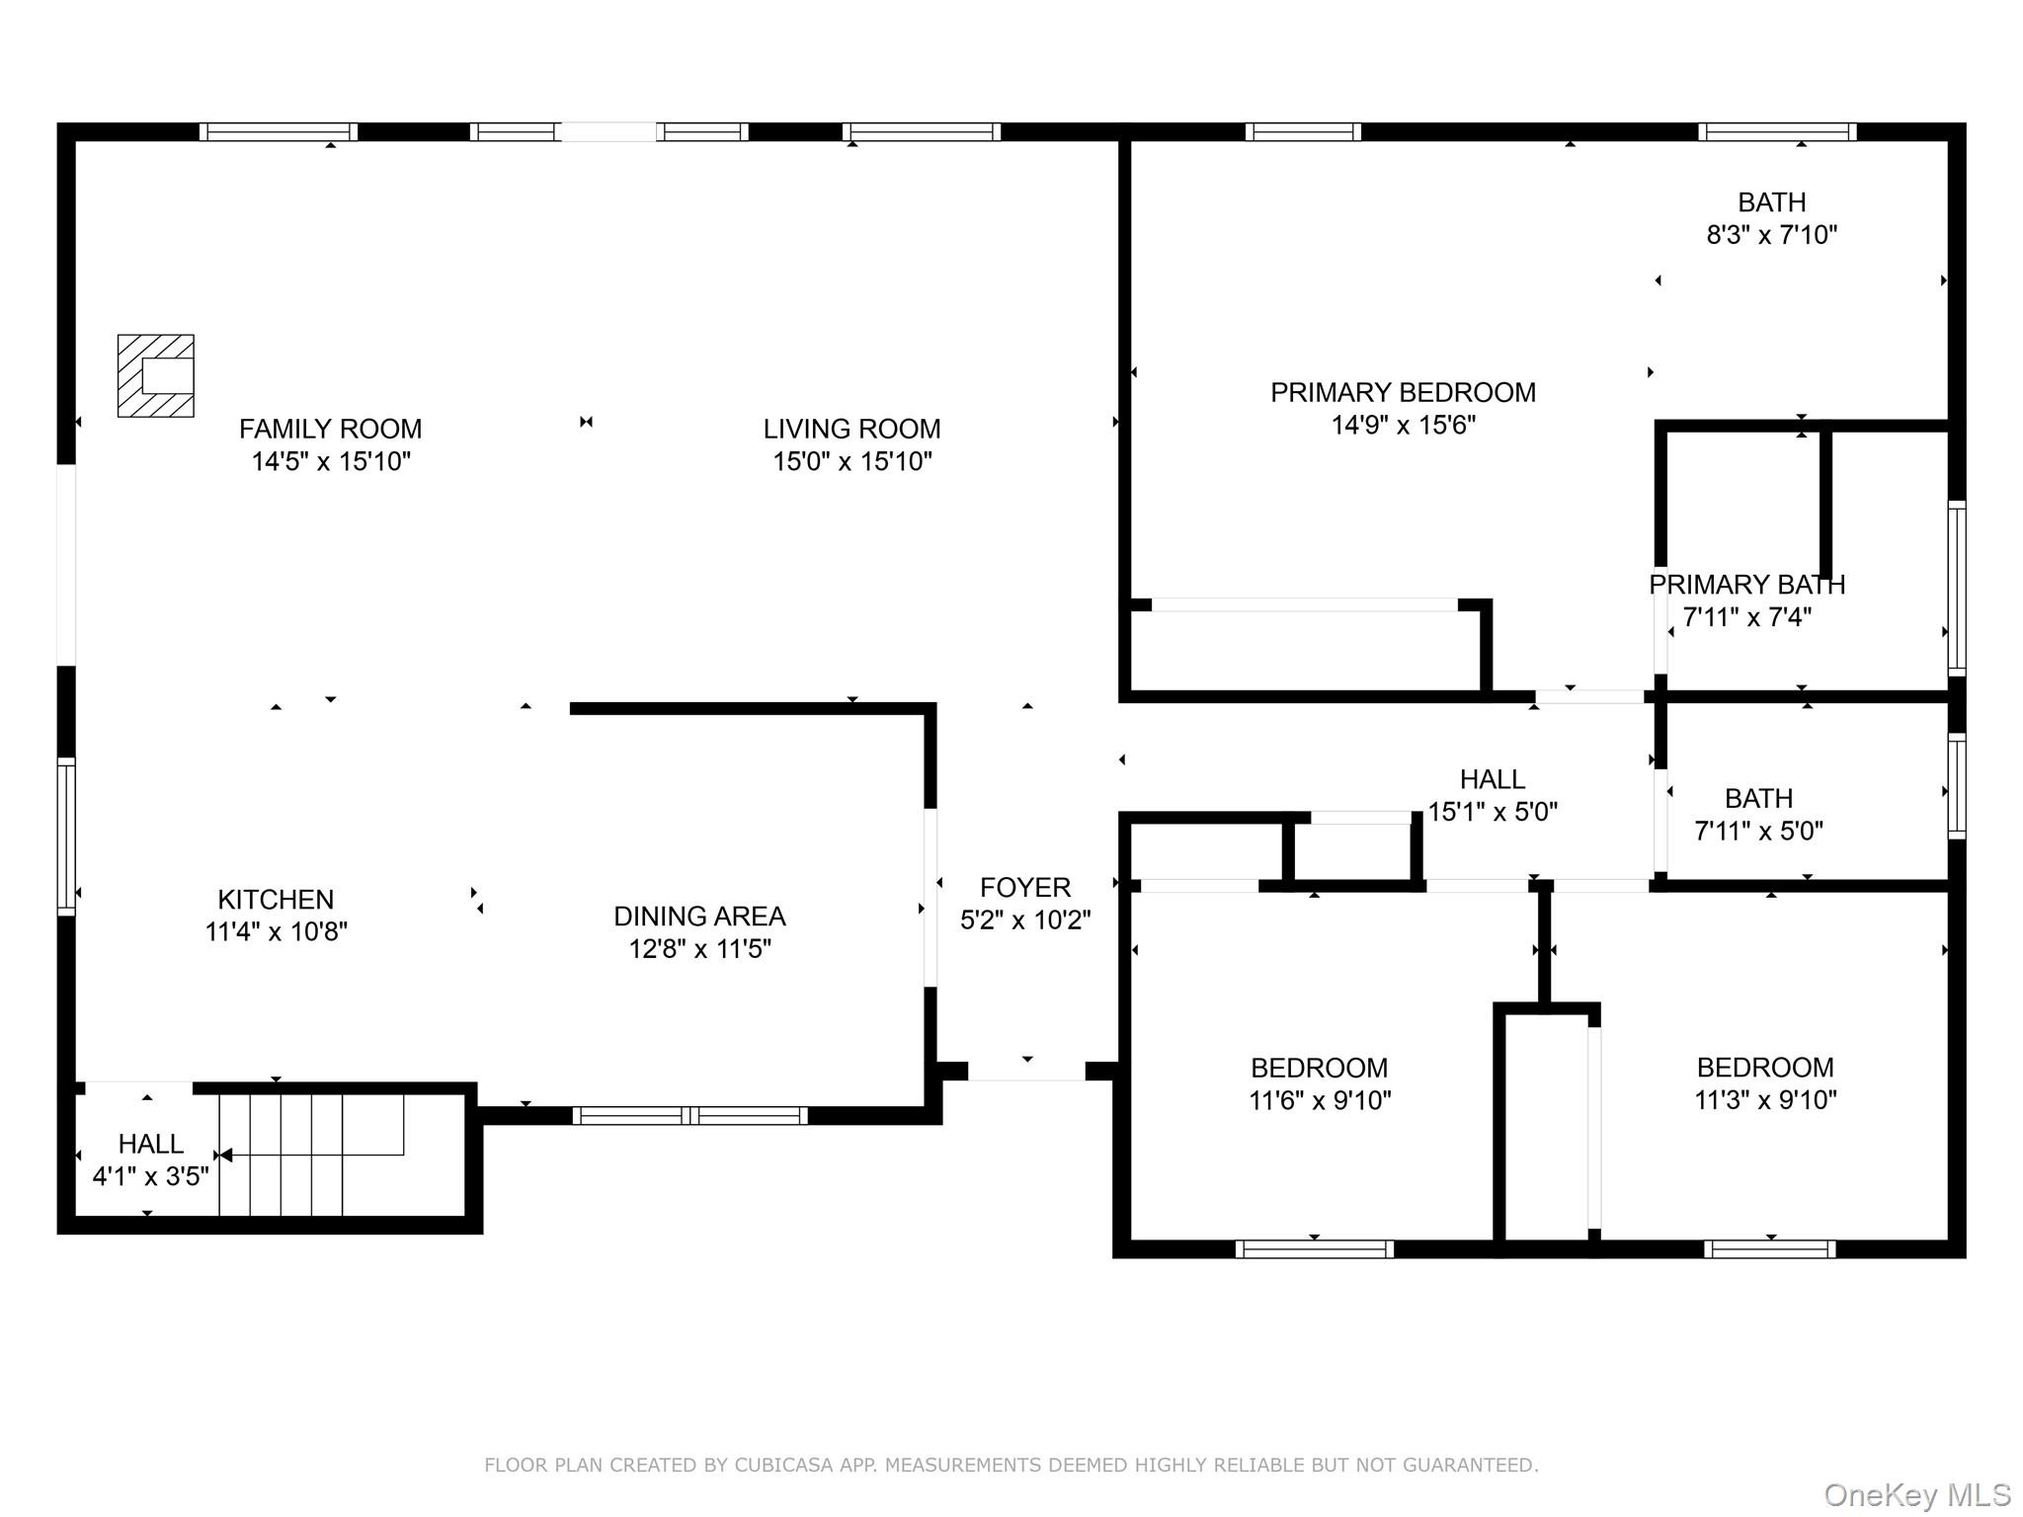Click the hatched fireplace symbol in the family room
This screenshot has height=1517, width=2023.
tap(155, 375)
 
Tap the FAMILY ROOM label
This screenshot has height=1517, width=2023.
tap(330, 429)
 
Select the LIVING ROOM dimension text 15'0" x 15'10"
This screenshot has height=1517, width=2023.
tap(851, 461)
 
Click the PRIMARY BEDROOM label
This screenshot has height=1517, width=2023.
tap(1402, 392)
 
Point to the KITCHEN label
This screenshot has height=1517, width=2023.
tap(276, 899)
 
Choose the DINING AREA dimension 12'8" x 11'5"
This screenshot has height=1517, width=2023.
tap(699, 949)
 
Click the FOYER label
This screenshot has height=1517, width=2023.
tap(1024, 887)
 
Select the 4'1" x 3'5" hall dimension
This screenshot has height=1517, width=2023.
tap(150, 1176)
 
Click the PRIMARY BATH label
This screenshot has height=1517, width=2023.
tap(1745, 585)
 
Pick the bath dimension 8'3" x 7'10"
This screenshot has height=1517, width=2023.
tap(1771, 235)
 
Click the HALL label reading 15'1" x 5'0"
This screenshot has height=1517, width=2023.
tap(1492, 779)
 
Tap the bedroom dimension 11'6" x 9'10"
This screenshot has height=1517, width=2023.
tap(1319, 1100)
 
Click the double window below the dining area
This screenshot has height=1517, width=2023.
tap(689, 1116)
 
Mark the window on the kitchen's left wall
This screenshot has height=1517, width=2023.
tap(66, 836)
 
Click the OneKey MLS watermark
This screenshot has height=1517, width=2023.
tap(1916, 1495)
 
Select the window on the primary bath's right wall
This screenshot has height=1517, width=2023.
tap(1956, 589)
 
